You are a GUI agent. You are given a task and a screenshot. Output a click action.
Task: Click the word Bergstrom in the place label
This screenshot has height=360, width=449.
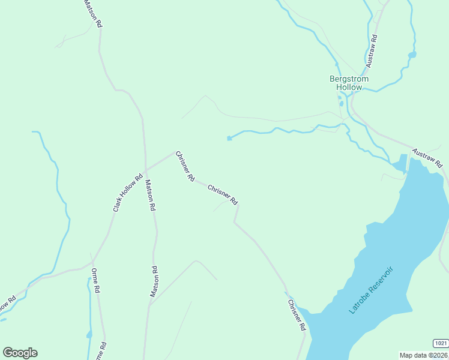click(x=349, y=79)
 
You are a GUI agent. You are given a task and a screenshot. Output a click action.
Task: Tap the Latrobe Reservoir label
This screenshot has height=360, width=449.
click(x=374, y=291)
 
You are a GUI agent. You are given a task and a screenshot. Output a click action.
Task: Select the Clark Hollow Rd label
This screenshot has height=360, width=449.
click(x=127, y=193)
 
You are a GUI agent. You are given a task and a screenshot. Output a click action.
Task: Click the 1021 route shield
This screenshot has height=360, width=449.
click(x=440, y=343)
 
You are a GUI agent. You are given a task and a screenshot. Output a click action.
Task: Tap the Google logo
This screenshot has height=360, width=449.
click(x=20, y=353)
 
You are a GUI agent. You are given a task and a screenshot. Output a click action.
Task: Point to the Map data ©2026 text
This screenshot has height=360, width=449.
click(x=424, y=355)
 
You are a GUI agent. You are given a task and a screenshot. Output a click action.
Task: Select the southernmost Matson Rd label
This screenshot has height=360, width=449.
click(x=154, y=281)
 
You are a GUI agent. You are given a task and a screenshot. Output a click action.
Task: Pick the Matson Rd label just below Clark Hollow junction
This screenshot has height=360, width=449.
click(x=150, y=195)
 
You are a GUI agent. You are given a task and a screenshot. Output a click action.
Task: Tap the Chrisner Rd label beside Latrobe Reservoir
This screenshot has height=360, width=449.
click(x=297, y=315)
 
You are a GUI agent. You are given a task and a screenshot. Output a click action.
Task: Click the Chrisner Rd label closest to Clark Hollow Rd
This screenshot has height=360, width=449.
click(x=185, y=166)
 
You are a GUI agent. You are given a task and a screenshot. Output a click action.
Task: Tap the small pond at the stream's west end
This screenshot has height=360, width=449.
click(x=229, y=139)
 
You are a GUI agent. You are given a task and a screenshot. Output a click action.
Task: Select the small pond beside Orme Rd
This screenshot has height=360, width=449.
click(x=89, y=334)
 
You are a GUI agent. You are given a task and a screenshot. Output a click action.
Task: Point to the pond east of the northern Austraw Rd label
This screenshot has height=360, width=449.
click(x=412, y=55)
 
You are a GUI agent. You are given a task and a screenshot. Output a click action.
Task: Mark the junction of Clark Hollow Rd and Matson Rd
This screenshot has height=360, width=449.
click(x=145, y=170)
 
